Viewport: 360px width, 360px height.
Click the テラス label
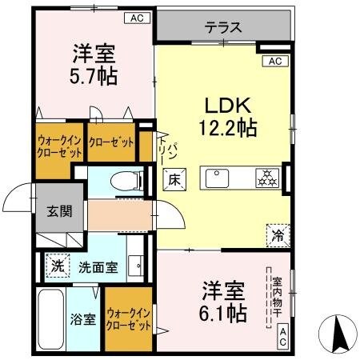pyautogui.click(x=223, y=27)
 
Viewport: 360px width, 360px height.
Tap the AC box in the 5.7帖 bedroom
pyautogui.click(x=137, y=17)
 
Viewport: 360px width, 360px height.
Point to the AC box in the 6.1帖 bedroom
pyautogui.click(x=283, y=338)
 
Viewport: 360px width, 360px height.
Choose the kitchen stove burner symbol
pyautogui.click(x=266, y=178)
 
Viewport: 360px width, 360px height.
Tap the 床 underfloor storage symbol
pyautogui.click(x=173, y=179)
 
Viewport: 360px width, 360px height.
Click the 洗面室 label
pyautogui.click(x=98, y=267)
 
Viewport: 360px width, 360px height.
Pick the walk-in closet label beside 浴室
pyautogui.click(x=129, y=320)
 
